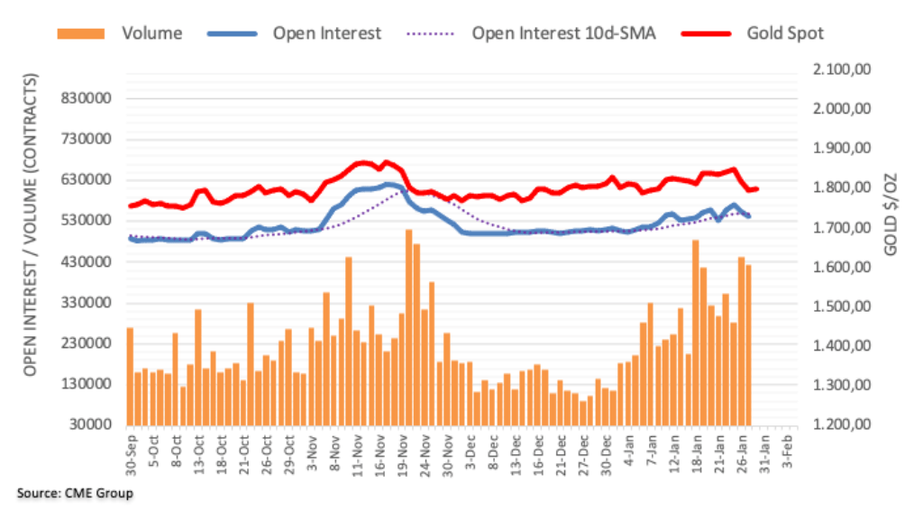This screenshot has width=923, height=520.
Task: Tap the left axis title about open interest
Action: tap(31, 225)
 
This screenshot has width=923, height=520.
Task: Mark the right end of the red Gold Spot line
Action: tap(756, 188)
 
